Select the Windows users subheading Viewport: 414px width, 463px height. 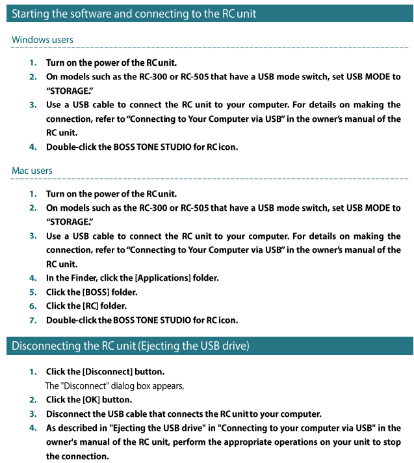click(42, 40)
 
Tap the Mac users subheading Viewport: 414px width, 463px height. click(32, 171)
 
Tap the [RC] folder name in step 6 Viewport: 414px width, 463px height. click(91, 306)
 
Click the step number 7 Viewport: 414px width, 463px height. click(32, 320)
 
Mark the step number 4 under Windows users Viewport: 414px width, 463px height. click(32, 147)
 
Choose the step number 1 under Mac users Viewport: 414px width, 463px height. click(32, 194)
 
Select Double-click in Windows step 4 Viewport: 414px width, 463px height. click(70, 147)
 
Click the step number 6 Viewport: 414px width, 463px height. click(32, 306)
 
